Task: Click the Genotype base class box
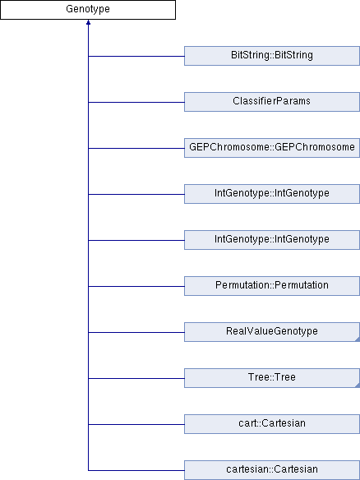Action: pyautogui.click(x=88, y=10)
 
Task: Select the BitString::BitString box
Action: pyautogui.click(x=272, y=56)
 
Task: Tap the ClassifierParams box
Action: pyautogui.click(x=272, y=102)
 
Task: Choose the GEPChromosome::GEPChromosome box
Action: pyautogui.click(x=272, y=148)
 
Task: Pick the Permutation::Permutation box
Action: pyautogui.click(x=272, y=286)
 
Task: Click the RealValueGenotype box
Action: pyautogui.click(x=272, y=332)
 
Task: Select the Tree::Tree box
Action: pyautogui.click(x=272, y=378)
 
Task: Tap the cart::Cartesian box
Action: pyautogui.click(x=272, y=424)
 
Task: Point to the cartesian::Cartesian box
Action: pyautogui.click(x=272, y=470)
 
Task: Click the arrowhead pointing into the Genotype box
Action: pyautogui.click(x=88, y=22)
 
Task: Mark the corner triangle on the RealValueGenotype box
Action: pyautogui.click(x=358, y=339)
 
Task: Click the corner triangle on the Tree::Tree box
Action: pyautogui.click(x=358, y=385)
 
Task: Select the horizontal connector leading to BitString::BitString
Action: pyautogui.click(x=136, y=57)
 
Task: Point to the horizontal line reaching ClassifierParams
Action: pyautogui.click(x=136, y=102)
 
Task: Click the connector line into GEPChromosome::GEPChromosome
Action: pyautogui.click(x=136, y=149)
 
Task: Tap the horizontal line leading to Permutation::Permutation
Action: pyautogui.click(x=136, y=287)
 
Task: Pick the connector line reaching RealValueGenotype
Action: pyautogui.click(x=136, y=332)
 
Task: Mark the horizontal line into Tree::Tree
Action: pyautogui.click(x=136, y=378)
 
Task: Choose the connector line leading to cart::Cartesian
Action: pyautogui.click(x=136, y=425)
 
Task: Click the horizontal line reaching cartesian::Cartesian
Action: pyautogui.click(x=136, y=470)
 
